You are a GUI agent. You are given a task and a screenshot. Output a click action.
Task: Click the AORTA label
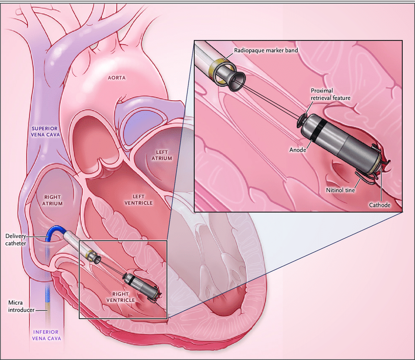[117, 77]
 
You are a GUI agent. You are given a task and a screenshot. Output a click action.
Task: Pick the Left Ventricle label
[139, 199]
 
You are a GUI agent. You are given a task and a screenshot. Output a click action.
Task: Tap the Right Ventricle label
[121, 296]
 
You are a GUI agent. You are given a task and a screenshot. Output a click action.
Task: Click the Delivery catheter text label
[16, 239]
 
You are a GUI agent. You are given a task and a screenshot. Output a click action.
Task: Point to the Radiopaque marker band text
[266, 50]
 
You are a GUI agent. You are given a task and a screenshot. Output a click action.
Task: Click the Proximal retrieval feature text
[331, 94]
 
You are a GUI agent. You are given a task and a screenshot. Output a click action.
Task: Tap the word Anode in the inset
[297, 150]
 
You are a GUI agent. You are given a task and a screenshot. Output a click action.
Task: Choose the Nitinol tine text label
[340, 190]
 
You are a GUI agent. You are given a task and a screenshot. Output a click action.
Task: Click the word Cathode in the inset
[379, 205]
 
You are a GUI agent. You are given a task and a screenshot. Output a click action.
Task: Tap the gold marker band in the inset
[219, 67]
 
